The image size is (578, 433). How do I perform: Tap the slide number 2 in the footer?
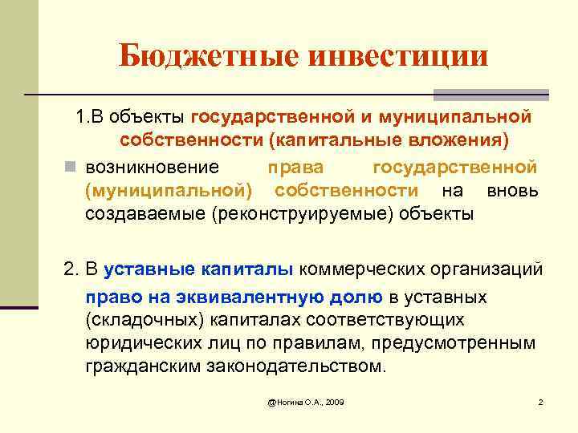tap(540, 401)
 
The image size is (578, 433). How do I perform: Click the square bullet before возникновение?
tap(70, 168)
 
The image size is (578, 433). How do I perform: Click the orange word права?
tap(296, 168)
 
